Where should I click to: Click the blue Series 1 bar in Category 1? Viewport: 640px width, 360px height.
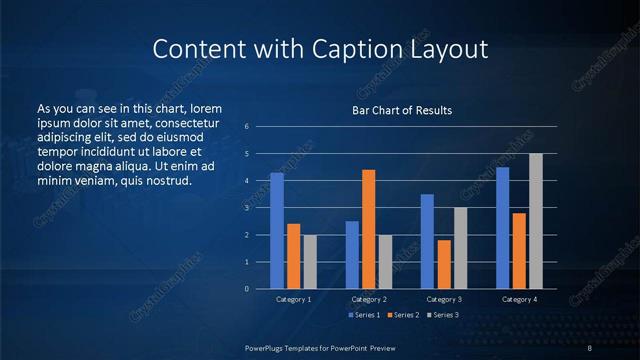(277, 231)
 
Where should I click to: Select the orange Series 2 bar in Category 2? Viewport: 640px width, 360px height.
(368, 229)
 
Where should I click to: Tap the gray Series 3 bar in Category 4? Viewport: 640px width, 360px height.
(536, 221)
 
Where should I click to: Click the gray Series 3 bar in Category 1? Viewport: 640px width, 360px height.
(310, 262)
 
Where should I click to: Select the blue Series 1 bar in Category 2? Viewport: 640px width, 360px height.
(352, 255)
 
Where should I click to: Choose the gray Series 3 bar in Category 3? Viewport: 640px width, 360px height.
(461, 248)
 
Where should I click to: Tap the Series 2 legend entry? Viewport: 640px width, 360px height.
(400, 315)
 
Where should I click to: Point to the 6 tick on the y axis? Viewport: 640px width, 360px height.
(246, 127)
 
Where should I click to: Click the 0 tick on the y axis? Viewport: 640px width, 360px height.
(246, 289)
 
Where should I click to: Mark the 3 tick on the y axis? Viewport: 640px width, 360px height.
(246, 208)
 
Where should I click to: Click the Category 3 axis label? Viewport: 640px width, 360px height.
(444, 299)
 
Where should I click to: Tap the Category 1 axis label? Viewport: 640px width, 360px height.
(294, 299)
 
